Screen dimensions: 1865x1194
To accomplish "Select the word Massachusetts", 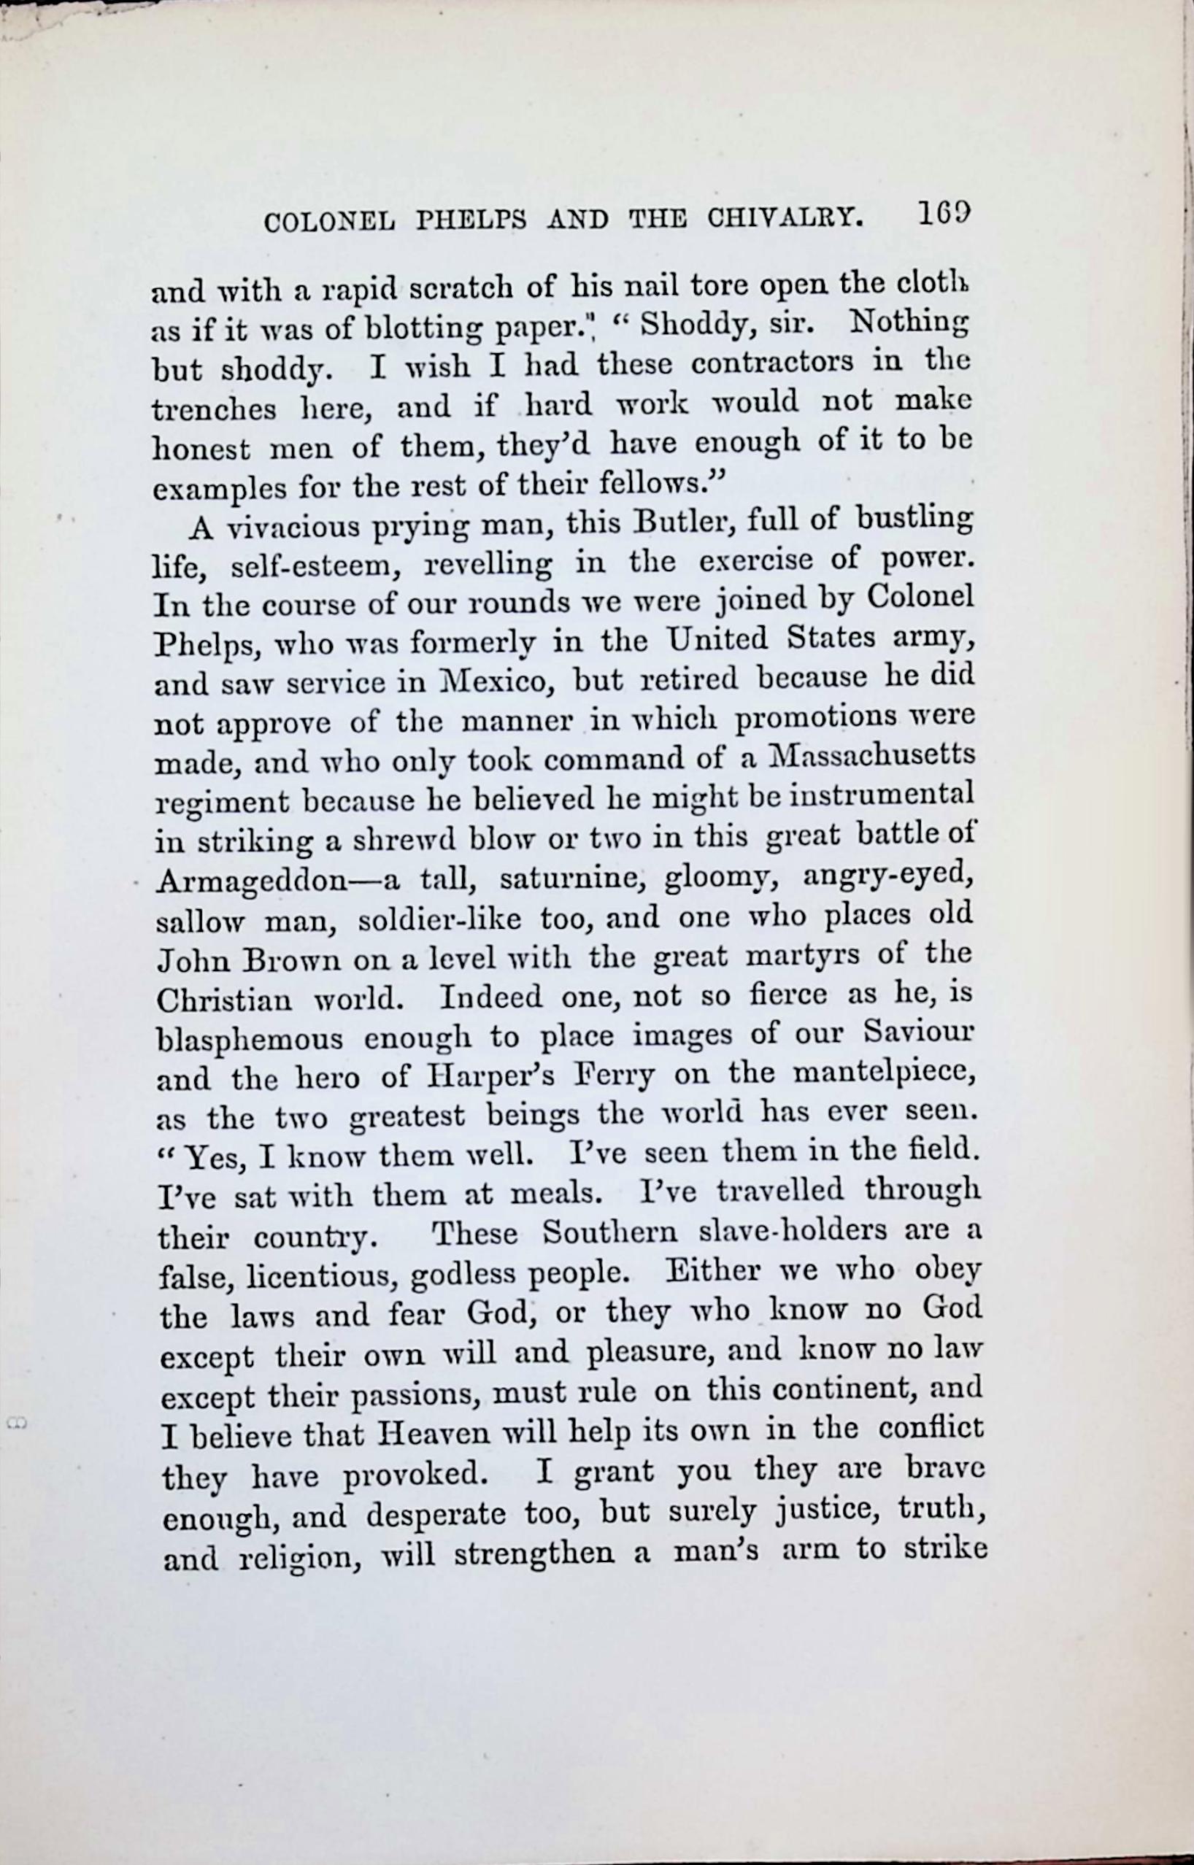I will coord(868,756).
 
